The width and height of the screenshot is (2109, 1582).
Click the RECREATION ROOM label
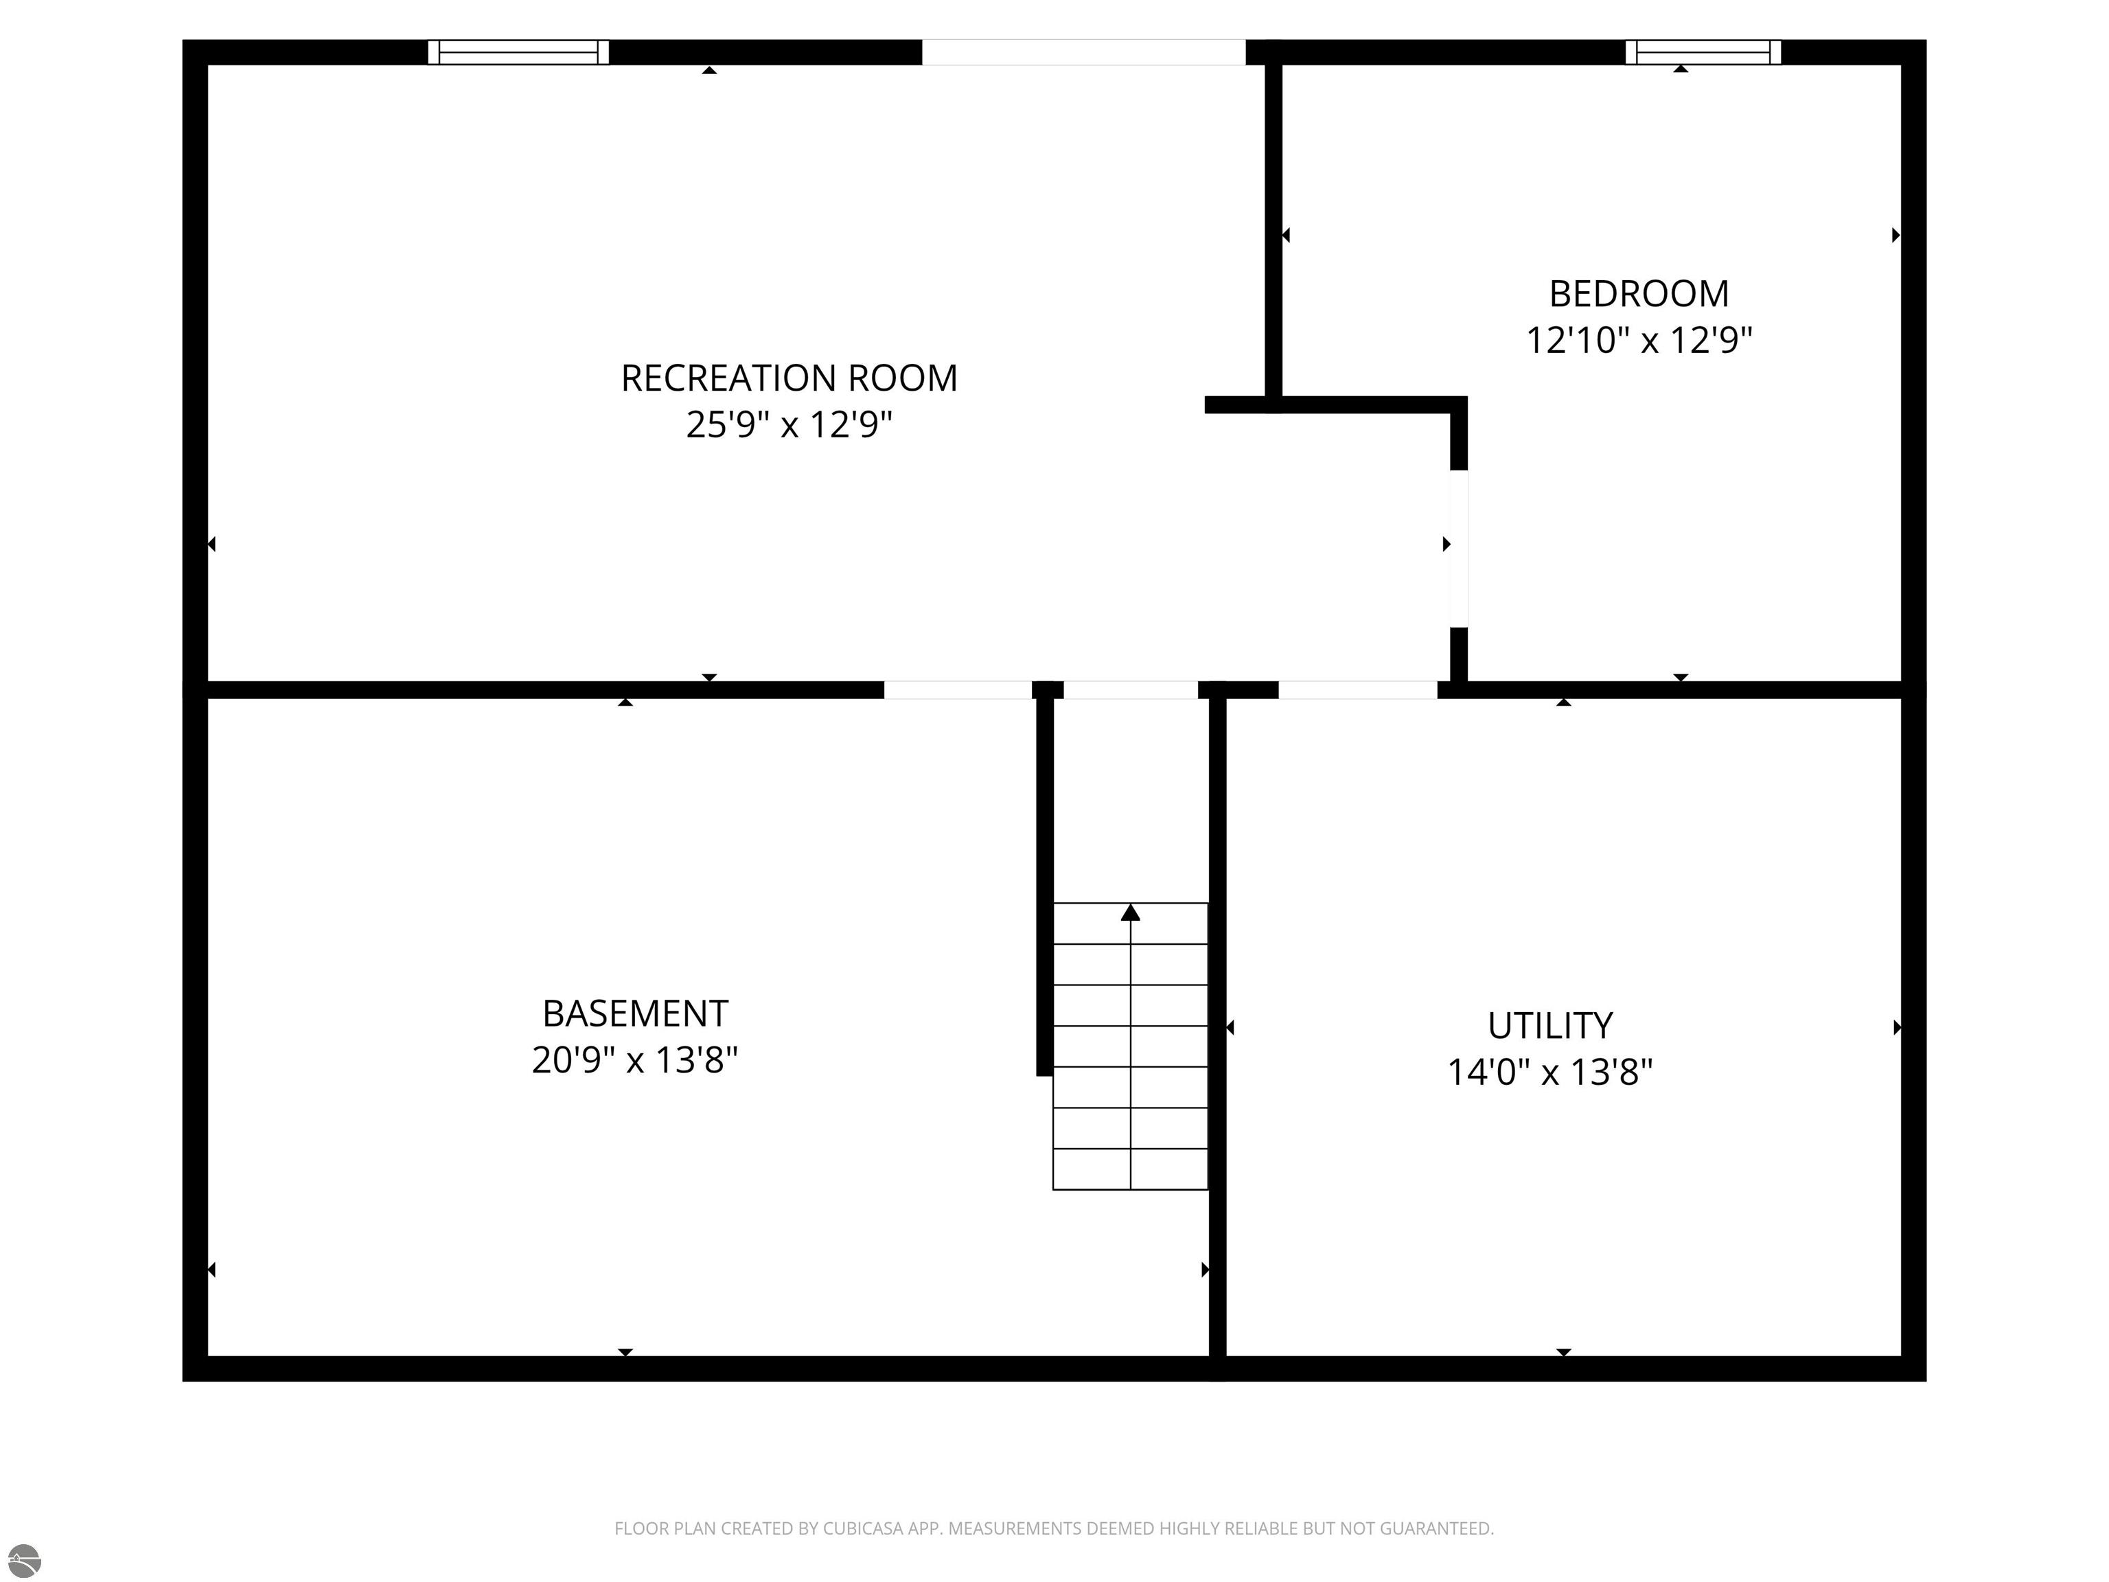(789, 378)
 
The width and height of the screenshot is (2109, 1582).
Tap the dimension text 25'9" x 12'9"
(789, 424)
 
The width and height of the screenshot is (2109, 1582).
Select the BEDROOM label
(1638, 294)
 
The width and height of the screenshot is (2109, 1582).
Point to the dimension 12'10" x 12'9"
(1638, 339)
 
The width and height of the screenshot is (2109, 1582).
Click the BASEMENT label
(635, 1013)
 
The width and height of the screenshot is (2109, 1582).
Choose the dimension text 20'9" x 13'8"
(635, 1059)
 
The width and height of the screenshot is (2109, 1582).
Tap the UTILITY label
(1549, 1026)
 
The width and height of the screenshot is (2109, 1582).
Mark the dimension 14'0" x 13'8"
(1549, 1072)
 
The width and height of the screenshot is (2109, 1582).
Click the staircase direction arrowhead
(1130, 913)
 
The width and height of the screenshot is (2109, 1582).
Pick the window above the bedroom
(1702, 51)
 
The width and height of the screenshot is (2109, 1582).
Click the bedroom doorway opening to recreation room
(1457, 549)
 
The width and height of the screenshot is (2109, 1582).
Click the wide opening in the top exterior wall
(1083, 51)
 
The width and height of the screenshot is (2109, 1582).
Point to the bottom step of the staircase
(1130, 1170)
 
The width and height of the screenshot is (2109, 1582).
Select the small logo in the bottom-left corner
(24, 1560)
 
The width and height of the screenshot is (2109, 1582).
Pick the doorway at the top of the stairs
(1130, 689)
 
